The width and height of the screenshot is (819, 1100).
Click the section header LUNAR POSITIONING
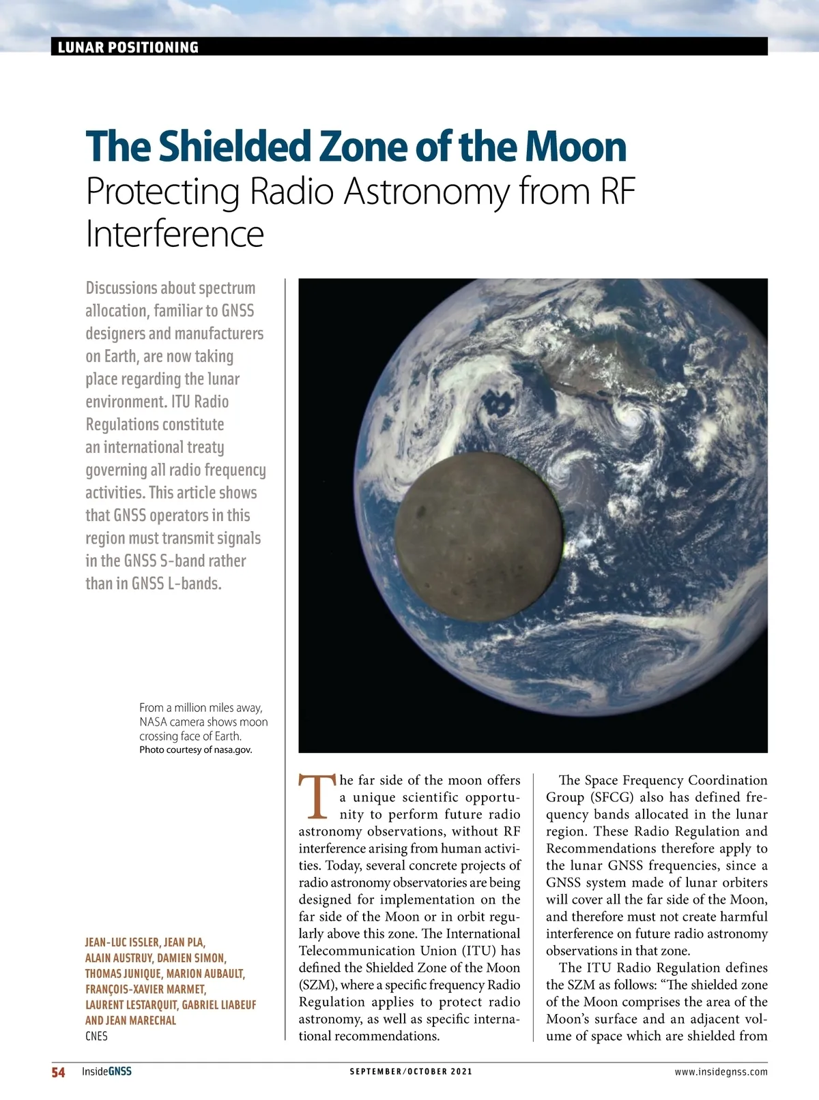128,47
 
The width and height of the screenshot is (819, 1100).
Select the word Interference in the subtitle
175,234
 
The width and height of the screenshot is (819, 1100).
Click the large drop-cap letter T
316,797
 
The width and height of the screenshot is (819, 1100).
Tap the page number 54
59,1072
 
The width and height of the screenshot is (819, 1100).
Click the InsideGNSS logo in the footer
106,1071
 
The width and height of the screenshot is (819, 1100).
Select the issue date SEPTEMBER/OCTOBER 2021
411,1071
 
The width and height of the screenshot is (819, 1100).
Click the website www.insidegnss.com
721,1071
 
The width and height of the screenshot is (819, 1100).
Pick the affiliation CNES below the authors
96,1036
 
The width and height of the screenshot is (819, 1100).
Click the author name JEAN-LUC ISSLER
122,942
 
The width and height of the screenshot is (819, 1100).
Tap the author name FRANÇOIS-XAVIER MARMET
145,989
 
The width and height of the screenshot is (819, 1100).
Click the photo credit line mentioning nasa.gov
196,749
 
